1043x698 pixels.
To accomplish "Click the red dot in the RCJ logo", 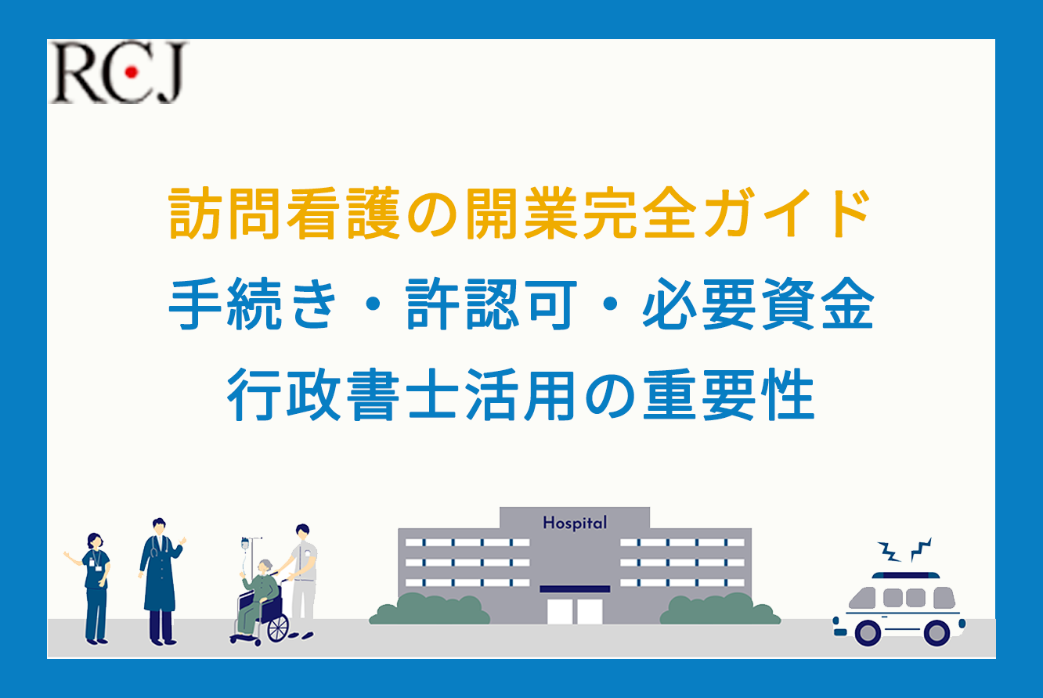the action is point(132,71).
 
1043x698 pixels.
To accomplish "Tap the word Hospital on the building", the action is point(575,523).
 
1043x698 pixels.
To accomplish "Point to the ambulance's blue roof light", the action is point(906,576).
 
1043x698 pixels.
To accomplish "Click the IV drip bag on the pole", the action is point(245,545).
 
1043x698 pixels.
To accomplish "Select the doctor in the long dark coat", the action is point(161,581).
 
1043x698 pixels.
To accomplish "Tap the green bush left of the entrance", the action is point(429,609).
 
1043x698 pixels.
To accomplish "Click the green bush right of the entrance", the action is point(720,609).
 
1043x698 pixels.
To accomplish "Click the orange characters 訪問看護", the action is point(284,214).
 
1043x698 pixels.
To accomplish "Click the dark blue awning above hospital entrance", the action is point(575,588).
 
